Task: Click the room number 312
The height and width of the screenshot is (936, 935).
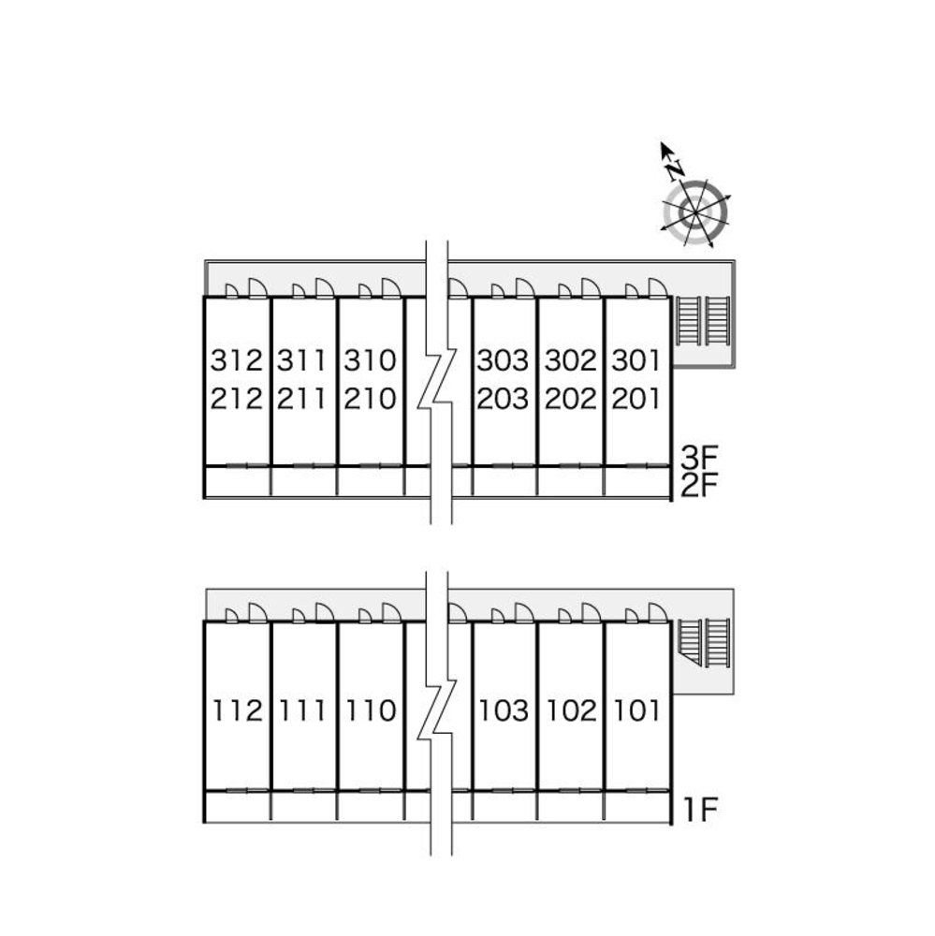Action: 236,360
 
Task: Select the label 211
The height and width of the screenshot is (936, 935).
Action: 301,400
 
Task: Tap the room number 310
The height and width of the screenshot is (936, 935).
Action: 370,360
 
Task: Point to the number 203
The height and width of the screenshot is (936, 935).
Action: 504,400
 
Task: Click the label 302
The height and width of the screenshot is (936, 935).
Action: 570,360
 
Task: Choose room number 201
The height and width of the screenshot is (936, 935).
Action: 636,400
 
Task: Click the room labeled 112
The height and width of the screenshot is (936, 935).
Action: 236,711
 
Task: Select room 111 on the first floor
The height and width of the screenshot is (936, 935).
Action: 301,711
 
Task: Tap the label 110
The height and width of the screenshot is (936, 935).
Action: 370,711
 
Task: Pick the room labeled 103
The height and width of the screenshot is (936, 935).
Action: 504,711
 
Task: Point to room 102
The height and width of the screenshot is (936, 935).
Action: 570,711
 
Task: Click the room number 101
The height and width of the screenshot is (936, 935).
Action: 636,711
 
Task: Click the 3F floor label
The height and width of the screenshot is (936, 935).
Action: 698,459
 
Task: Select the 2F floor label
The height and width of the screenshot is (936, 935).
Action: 698,486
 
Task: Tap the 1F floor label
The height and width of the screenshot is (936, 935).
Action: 698,809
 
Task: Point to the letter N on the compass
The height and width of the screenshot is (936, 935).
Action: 674,168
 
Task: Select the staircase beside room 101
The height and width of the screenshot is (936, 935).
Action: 704,642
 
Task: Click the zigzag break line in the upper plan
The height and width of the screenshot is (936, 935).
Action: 436,379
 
